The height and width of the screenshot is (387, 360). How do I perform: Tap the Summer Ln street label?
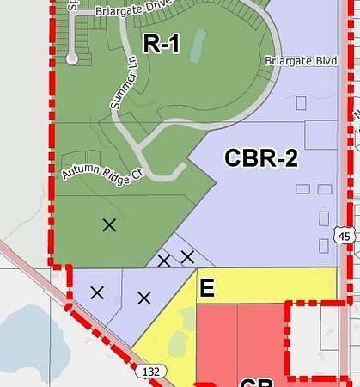tap(124, 89)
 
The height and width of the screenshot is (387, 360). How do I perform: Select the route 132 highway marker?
tap(147, 371)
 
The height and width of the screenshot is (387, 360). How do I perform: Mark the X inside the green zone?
tap(109, 225)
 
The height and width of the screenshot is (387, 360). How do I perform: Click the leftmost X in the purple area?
tap(97, 292)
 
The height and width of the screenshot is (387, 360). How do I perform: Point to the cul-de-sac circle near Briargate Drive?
tap(73, 58)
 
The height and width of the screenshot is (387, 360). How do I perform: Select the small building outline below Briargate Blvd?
tap(301, 102)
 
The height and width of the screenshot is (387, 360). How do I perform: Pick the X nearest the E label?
tap(187, 255)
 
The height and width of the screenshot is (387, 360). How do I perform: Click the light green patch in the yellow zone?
tap(179, 344)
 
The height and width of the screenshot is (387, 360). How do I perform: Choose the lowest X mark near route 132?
tap(144, 298)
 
